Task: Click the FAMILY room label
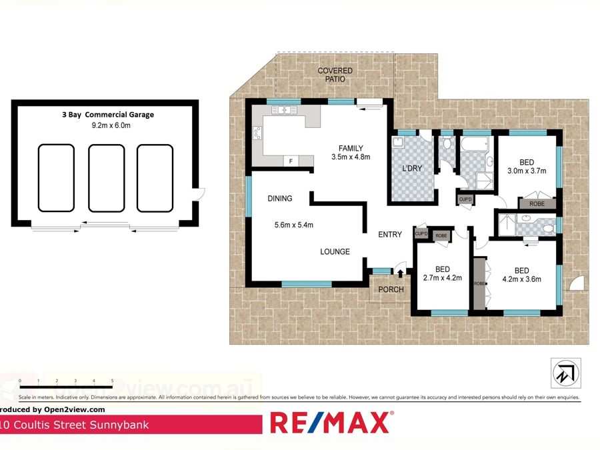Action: coord(350,147)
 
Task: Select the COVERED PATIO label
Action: coord(335,75)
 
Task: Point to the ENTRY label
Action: coord(390,234)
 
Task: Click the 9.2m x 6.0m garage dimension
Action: coord(113,125)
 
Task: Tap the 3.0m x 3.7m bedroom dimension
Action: coord(527,171)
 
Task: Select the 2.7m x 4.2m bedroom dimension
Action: coord(443,279)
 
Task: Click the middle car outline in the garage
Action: coord(107,179)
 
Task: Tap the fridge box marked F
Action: coord(291,161)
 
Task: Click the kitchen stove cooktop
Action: coord(256,135)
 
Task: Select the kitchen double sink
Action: coord(284,110)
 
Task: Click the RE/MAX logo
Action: coord(330,423)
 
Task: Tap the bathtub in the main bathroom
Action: coord(476,143)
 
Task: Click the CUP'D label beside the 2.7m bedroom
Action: coord(421,234)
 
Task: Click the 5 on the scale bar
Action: coord(112,381)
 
